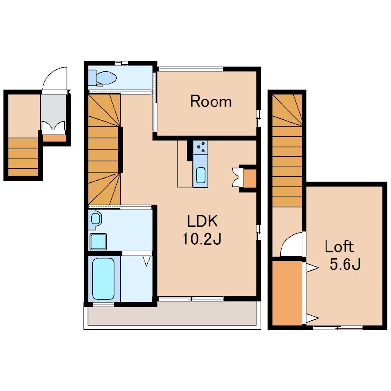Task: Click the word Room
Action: pyautogui.click(x=211, y=101)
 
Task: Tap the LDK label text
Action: pyautogui.click(x=202, y=221)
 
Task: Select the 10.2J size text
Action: pyautogui.click(x=202, y=239)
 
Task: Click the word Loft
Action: pyautogui.click(x=339, y=246)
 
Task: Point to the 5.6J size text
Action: pyautogui.click(x=345, y=264)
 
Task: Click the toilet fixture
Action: pyautogui.click(x=103, y=77)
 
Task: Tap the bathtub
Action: pyautogui.click(x=104, y=278)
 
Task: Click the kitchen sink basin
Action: pyautogui.click(x=201, y=175)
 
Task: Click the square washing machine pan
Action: pyautogui.click(x=98, y=241)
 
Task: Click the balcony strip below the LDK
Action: pyautogui.click(x=172, y=314)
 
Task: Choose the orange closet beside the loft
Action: pyautogui.click(x=287, y=293)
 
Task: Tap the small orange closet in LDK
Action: pyautogui.click(x=250, y=178)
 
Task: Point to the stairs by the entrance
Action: pyautogui.click(x=23, y=157)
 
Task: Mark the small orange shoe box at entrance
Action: pyautogui.click(x=54, y=138)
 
